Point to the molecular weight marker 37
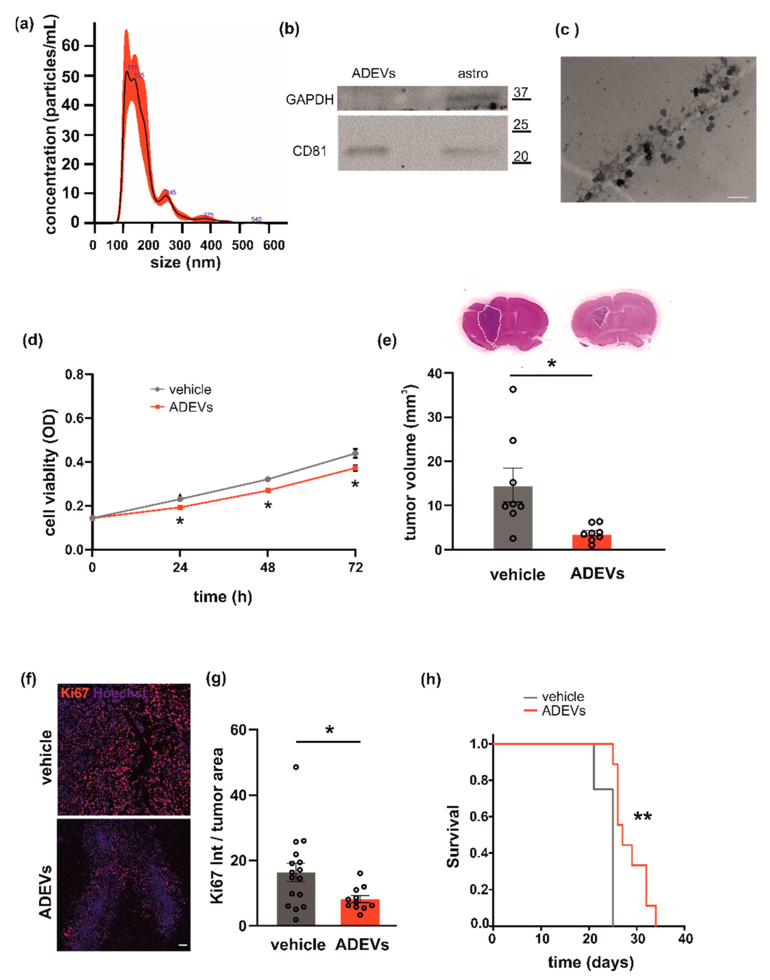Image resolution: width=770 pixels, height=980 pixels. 521,92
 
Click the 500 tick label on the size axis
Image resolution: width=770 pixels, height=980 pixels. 242,245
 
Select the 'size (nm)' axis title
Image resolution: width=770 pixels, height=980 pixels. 185,262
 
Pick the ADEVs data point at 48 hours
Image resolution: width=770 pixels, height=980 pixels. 268,490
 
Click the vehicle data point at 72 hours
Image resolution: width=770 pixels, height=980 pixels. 355,453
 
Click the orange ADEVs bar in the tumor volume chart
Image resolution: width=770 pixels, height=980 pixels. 592,542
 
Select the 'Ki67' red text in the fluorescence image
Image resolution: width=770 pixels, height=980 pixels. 75,693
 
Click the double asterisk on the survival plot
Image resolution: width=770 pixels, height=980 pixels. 642,817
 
